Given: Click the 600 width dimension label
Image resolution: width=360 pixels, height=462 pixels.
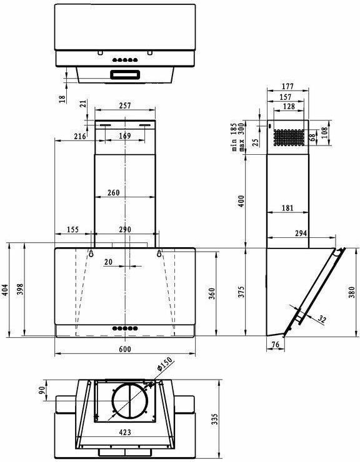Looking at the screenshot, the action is [125, 349].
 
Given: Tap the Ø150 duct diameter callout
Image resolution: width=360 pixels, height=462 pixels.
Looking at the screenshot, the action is [164, 364].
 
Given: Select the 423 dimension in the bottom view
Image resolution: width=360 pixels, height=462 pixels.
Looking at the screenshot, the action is [125, 432].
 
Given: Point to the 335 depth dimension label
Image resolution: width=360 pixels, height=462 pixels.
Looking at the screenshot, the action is [215, 419].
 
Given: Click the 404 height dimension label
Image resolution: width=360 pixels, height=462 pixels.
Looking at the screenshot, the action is [5, 290].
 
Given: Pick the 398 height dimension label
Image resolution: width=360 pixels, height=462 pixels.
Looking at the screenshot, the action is [19, 289].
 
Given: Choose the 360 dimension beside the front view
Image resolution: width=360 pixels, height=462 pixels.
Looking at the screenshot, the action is [212, 294].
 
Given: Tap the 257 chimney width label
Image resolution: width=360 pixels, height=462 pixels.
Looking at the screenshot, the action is [125, 105].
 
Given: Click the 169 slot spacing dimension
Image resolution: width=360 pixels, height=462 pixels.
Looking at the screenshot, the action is [125, 136].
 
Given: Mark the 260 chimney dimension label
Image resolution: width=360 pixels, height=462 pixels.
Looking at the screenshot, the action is [114, 193].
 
